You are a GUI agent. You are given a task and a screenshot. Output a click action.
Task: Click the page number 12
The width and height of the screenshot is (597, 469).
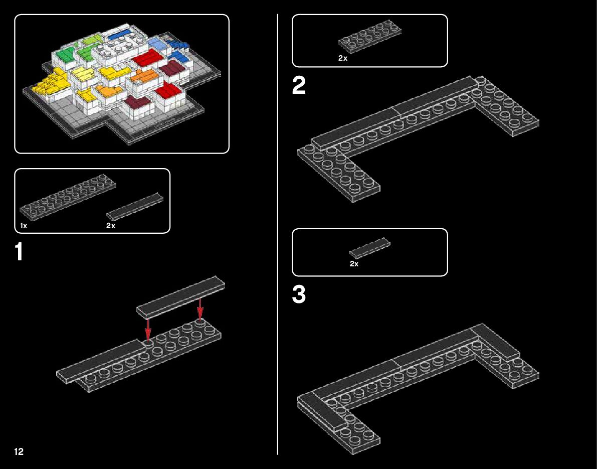coord(19,451)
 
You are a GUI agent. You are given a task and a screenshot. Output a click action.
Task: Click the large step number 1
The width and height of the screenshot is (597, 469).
coord(19,252)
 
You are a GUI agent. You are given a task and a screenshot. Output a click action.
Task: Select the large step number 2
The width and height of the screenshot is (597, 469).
coord(299,87)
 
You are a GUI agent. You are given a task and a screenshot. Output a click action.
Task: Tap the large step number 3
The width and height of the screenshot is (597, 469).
coord(299,295)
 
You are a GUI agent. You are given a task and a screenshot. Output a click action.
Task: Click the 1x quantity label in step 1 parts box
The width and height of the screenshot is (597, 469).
coord(24,226)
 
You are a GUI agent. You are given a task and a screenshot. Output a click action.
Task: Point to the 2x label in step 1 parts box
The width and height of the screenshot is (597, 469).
coord(111,226)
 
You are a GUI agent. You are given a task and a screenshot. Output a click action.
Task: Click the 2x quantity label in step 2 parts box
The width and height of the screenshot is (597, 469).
coord(343,58)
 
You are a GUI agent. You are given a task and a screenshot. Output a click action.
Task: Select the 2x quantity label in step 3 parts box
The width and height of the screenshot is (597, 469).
coord(354,264)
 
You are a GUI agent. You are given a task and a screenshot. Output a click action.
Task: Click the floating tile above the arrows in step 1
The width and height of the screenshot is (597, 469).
coord(180,296)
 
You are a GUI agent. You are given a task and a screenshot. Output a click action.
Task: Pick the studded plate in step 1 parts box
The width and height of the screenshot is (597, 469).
coord(68,199)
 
